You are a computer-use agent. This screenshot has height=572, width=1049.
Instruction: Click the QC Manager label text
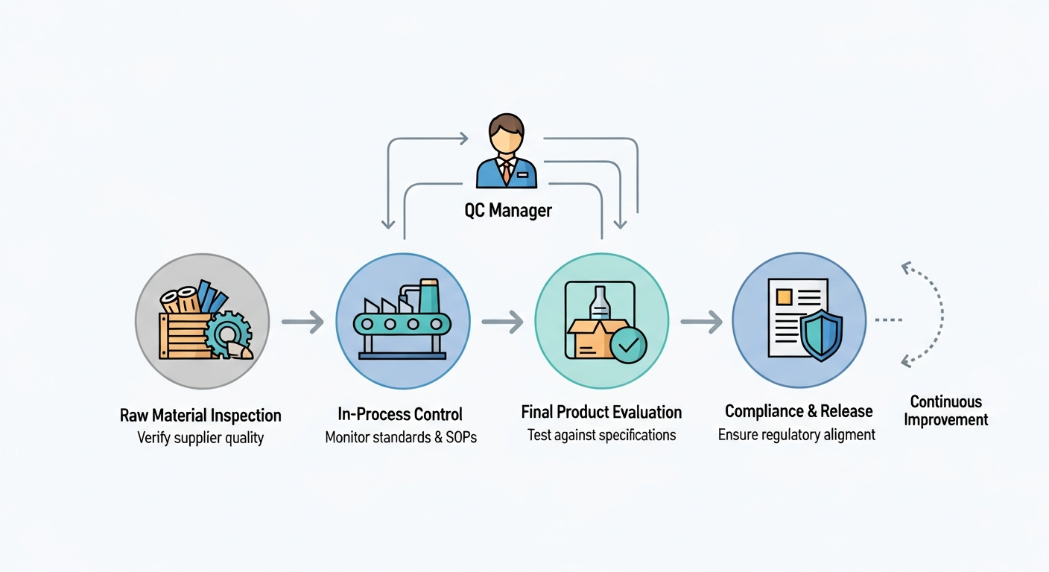[508, 211]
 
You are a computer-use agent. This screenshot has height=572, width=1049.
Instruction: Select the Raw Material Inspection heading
[200, 416]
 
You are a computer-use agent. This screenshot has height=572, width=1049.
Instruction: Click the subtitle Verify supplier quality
[200, 438]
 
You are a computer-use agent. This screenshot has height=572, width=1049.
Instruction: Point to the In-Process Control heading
[400, 414]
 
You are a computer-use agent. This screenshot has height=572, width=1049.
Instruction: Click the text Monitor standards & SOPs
[401, 437]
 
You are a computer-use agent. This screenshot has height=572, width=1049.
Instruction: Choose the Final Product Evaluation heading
[601, 413]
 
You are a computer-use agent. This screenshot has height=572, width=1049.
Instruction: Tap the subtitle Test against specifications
[601, 435]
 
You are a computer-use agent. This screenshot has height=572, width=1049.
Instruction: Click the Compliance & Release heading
[799, 412]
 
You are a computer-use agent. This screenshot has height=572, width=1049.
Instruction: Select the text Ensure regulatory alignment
[796, 435]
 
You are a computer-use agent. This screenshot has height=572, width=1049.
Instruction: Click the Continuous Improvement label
[946, 411]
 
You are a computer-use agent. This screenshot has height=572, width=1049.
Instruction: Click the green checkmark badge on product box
[628, 343]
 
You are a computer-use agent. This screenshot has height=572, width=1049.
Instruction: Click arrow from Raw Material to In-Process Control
[302, 322]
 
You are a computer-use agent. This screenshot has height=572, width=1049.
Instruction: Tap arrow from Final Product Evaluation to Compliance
[701, 322]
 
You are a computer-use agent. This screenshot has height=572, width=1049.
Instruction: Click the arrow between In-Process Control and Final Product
[502, 322]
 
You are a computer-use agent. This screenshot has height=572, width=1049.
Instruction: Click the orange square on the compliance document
[783, 296]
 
